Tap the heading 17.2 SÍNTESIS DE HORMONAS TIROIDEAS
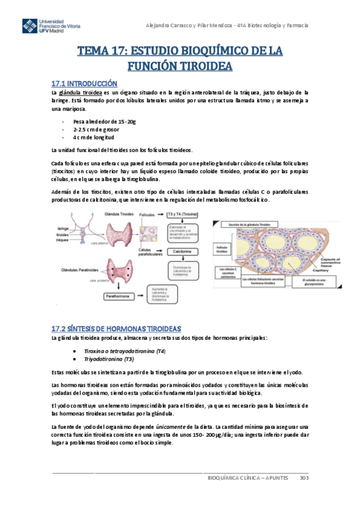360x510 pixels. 116,328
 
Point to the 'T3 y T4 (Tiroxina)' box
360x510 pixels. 182,214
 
